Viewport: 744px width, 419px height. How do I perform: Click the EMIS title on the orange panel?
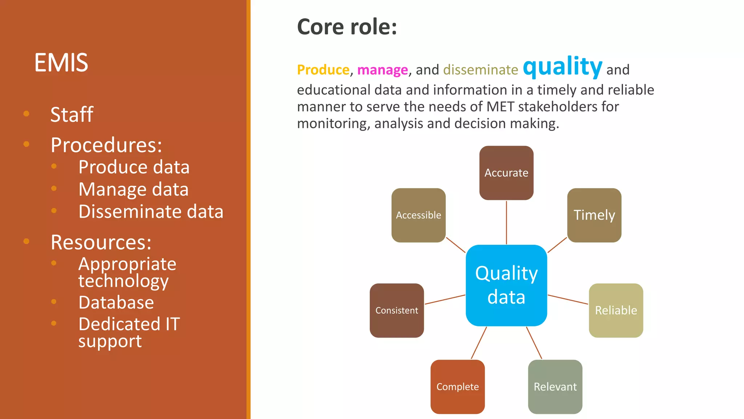pyautogui.click(x=61, y=63)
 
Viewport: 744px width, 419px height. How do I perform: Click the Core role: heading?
pyautogui.click(x=347, y=27)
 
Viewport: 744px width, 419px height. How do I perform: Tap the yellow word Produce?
pyautogui.click(x=323, y=69)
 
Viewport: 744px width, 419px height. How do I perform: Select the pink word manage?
pyautogui.click(x=382, y=69)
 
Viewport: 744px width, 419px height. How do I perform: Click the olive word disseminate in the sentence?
pyautogui.click(x=480, y=69)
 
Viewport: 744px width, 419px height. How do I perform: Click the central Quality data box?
pyautogui.click(x=506, y=285)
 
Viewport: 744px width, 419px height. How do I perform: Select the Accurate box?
pyautogui.click(x=506, y=173)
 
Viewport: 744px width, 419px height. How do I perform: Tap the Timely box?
pyautogui.click(x=594, y=215)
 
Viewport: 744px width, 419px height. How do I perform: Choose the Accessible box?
pyautogui.click(x=418, y=215)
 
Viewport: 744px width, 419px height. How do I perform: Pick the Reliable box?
pyautogui.click(x=616, y=310)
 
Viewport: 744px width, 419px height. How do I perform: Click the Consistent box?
pyautogui.click(x=396, y=310)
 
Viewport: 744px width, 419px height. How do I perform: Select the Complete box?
pyautogui.click(x=457, y=387)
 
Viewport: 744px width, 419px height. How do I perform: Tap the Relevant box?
pyautogui.click(x=555, y=387)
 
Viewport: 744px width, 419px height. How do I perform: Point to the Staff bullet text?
pyautogui.click(x=72, y=115)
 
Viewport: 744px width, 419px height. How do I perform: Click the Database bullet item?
pyautogui.click(x=116, y=302)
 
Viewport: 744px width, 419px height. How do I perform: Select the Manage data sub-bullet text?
pyautogui.click(x=133, y=189)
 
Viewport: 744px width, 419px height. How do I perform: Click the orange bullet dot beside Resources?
pyautogui.click(x=26, y=241)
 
